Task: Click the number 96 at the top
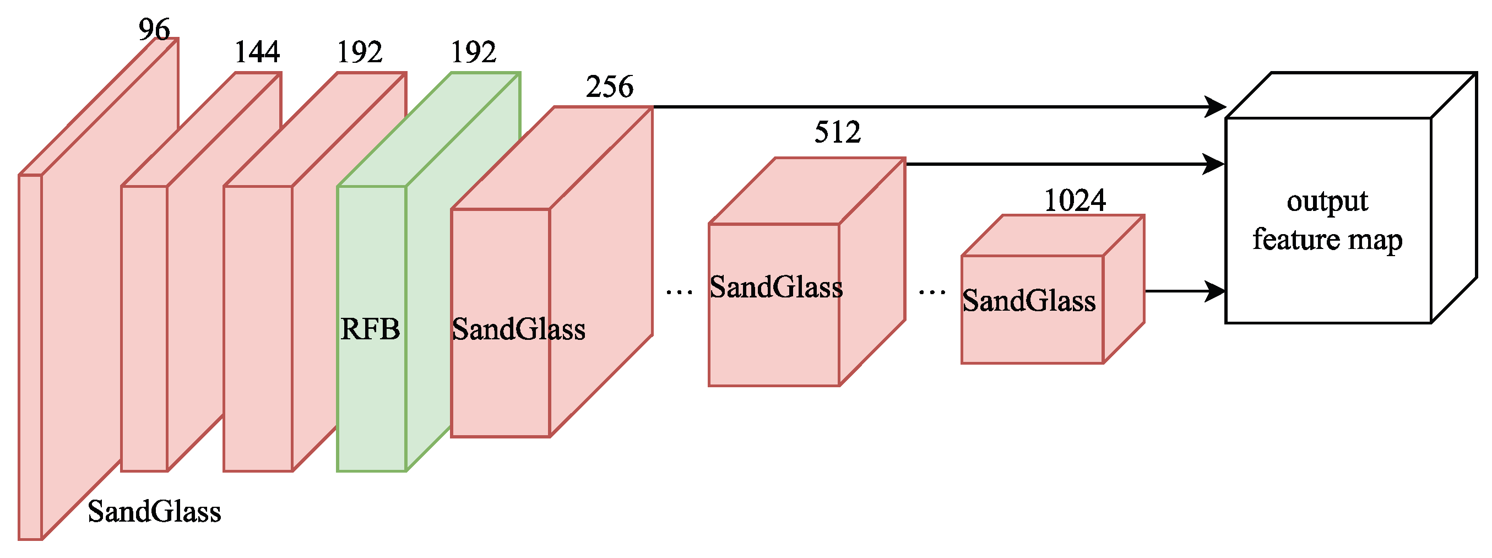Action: click(154, 29)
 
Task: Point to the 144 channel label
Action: click(257, 52)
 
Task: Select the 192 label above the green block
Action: click(473, 52)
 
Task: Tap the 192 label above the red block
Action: click(360, 52)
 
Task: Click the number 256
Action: click(609, 87)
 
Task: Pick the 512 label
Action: click(838, 132)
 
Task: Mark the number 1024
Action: click(1075, 201)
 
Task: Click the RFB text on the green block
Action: click(370, 329)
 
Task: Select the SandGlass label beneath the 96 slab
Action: click(154, 512)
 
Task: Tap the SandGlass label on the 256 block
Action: click(518, 329)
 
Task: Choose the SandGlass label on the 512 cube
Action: click(776, 287)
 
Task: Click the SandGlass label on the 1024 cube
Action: click(1029, 301)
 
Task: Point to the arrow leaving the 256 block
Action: click(938, 107)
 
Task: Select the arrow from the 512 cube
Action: click(1066, 164)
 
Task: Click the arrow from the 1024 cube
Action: click(1185, 291)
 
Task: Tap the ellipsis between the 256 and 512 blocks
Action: click(679, 291)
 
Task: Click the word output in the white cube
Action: click(1327, 202)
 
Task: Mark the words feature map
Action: click(1327, 239)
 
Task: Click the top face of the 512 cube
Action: click(807, 191)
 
